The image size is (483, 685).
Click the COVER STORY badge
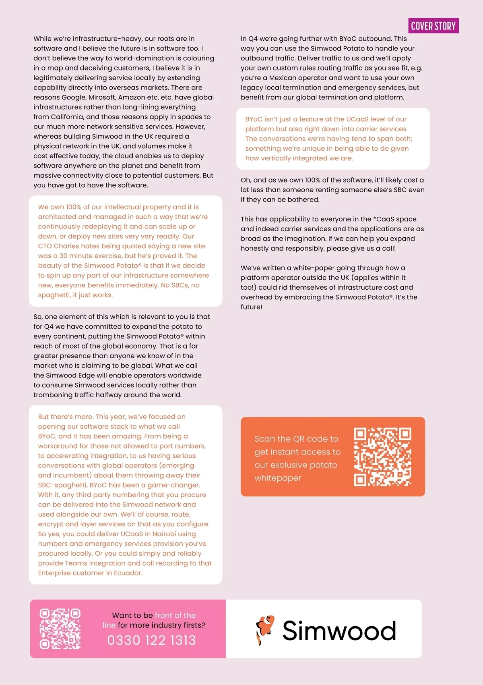[433, 26]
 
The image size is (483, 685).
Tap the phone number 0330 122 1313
[151, 640]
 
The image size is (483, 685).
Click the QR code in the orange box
[382, 457]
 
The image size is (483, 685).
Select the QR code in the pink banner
[60, 629]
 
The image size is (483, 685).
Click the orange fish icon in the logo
[265, 629]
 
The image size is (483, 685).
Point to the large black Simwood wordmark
[339, 631]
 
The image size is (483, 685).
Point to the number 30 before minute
[63, 256]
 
